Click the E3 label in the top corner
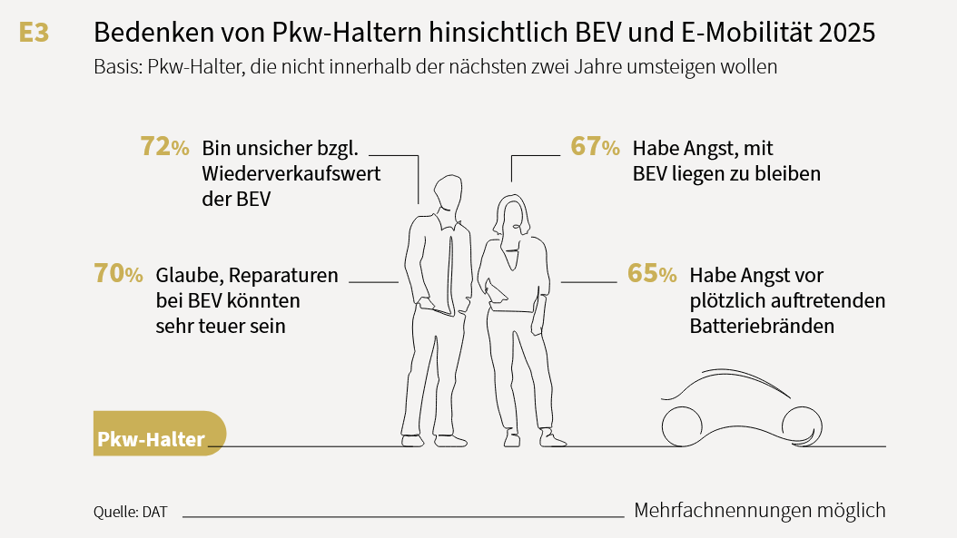34,34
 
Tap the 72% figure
164,147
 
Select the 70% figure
118,274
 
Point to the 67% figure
595,147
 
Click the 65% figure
652,274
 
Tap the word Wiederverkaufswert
291,173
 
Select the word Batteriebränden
762,326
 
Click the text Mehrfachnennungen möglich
759,511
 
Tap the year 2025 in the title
846,34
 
